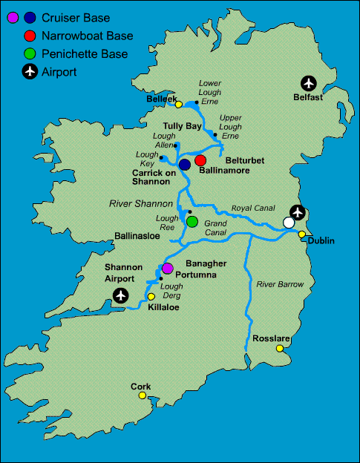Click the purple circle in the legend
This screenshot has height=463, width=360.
(x=12, y=17)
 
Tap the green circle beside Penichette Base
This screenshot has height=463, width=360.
(x=29, y=53)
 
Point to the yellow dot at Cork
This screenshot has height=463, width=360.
(x=141, y=395)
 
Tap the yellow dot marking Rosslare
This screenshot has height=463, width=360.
(x=280, y=348)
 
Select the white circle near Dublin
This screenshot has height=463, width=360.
(x=289, y=223)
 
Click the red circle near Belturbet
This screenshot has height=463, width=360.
(x=200, y=160)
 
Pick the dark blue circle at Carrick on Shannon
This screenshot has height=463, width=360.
(x=185, y=164)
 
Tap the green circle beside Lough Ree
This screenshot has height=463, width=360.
(x=192, y=221)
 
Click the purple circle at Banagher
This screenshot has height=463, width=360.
(x=168, y=268)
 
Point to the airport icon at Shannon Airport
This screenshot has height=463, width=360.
(x=120, y=295)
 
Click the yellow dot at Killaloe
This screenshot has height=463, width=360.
(x=151, y=296)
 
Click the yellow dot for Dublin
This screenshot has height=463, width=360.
(x=302, y=234)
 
